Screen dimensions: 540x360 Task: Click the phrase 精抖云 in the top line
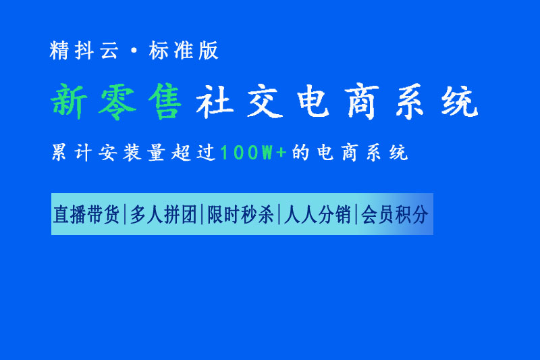click(x=84, y=50)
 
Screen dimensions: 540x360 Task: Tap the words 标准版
click(x=184, y=50)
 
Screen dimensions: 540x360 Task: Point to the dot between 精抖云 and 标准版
click(x=134, y=51)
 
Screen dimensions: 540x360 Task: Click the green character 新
click(x=70, y=101)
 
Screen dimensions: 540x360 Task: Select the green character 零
click(x=117, y=102)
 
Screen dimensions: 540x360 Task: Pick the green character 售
click(x=165, y=102)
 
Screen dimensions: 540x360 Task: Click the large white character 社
click(x=215, y=102)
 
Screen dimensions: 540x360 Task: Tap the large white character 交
click(x=265, y=102)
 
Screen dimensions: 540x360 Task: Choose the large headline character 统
click(x=460, y=101)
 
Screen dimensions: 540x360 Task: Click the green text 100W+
click(x=254, y=152)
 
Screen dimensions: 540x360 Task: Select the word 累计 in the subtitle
click(x=72, y=152)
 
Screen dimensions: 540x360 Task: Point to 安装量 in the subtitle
click(x=132, y=152)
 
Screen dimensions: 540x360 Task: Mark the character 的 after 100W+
click(x=300, y=152)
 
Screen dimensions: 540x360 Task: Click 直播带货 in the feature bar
click(x=86, y=214)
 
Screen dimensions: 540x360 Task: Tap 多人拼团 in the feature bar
click(x=163, y=214)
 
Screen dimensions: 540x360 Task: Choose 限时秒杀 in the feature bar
click(x=240, y=214)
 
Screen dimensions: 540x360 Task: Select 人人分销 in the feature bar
click(x=317, y=214)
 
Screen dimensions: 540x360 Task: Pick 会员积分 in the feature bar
click(x=395, y=214)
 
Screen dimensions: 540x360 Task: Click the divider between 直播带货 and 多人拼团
click(x=125, y=214)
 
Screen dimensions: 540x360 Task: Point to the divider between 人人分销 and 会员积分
click(x=356, y=214)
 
